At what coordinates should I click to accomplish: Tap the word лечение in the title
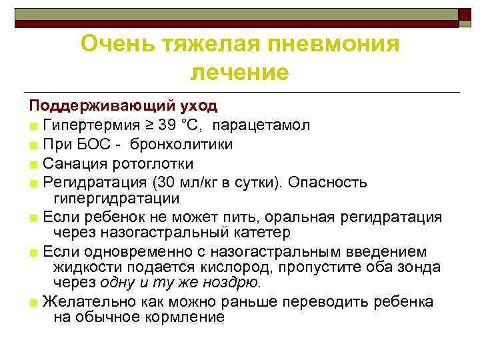[240, 72]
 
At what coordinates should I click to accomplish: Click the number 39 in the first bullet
[167, 125]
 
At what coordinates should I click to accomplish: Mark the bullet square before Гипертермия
[33, 126]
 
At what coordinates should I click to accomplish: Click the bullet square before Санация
[33, 164]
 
